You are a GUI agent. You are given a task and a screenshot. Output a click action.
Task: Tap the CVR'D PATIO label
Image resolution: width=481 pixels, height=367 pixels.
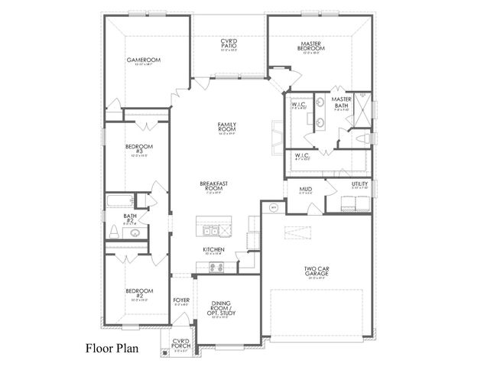[x=229, y=45]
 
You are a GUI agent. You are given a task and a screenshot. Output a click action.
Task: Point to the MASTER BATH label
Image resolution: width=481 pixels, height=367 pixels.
[x=341, y=102]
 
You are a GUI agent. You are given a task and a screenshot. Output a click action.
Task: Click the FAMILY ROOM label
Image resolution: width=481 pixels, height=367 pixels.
[x=227, y=127]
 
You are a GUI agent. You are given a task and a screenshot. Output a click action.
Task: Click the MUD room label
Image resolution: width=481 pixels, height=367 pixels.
[x=305, y=189]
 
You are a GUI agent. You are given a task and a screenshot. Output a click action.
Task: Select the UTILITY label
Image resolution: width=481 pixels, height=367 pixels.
[x=359, y=184]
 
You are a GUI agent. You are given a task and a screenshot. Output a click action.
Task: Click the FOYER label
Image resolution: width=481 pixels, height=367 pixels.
[x=181, y=300]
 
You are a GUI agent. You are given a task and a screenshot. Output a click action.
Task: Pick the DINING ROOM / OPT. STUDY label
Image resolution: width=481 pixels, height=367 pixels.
[x=226, y=308]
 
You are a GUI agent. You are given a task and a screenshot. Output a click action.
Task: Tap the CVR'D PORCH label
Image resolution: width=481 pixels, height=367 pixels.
[x=180, y=343]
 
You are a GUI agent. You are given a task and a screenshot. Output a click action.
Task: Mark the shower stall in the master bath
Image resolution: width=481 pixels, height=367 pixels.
[x=364, y=108]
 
